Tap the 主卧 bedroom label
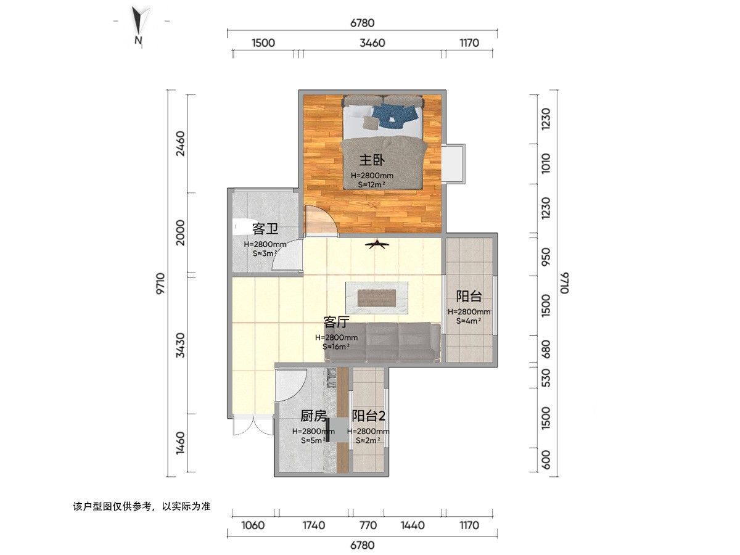371,160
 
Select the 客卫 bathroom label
265,229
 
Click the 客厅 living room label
336,322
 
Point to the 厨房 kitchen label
313,416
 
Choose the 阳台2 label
369,416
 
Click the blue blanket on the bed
395,115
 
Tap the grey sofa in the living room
382,342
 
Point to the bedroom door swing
320,219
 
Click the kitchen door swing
290,384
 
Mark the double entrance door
252,425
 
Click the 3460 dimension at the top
372,43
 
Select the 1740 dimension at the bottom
314,525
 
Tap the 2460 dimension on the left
181,144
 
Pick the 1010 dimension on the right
546,164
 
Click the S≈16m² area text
336,347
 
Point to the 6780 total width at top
363,23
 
